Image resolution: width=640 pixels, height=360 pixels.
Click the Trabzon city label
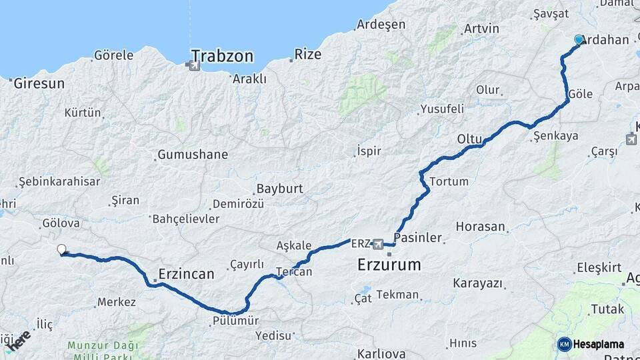(x=222, y=55)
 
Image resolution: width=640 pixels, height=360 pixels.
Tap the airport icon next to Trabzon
(x=194, y=65)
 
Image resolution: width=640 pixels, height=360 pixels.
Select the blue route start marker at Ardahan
(x=579, y=40)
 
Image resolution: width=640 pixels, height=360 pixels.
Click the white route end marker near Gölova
(x=61, y=249)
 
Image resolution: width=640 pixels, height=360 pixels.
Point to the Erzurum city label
(x=389, y=265)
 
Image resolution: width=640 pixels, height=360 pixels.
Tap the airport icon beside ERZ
(x=379, y=244)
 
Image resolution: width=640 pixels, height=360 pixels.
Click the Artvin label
(x=481, y=29)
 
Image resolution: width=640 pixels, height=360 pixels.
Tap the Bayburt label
(x=279, y=189)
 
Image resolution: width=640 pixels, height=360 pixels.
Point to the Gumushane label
(x=193, y=155)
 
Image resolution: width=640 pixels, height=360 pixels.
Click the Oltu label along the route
(x=469, y=139)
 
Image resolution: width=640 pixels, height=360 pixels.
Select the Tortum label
(x=449, y=181)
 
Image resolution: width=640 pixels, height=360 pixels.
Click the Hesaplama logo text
(x=599, y=344)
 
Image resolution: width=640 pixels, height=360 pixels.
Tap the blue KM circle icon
(x=564, y=344)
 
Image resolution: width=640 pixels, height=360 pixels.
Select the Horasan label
(x=480, y=227)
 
